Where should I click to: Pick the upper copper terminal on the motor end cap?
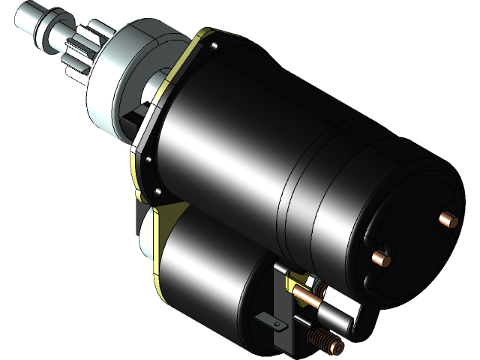point(448,219)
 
